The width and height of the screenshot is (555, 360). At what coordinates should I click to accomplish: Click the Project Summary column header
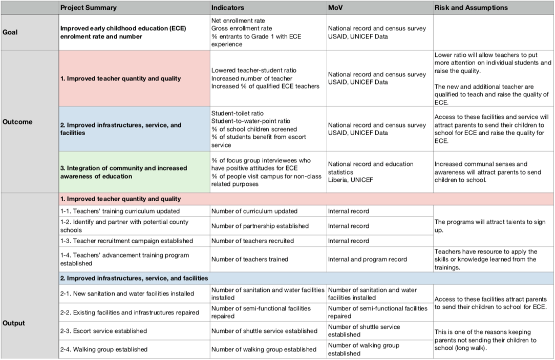pos(89,8)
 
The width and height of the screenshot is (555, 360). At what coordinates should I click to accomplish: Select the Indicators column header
pos(228,8)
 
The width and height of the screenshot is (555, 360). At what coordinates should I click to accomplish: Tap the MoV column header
pos(335,8)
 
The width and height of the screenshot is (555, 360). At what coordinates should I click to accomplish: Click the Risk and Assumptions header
pos(471,8)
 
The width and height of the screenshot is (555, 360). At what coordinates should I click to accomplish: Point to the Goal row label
pos(10,32)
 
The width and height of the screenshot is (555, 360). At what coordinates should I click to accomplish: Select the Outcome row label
pos(17,122)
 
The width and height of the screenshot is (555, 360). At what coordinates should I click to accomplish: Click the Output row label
pos(14,323)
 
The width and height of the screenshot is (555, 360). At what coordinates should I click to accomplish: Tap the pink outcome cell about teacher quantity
pos(135,78)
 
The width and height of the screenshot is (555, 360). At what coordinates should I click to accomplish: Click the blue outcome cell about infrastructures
pos(135,129)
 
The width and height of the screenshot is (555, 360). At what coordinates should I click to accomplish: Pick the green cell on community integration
pos(135,172)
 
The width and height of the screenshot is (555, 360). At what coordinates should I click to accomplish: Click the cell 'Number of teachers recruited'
pos(268,241)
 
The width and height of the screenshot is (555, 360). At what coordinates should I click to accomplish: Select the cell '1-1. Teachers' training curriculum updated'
pos(135,211)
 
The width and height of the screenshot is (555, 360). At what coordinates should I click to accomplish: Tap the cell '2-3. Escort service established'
pos(135,331)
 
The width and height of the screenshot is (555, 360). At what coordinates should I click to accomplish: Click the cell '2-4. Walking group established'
pos(135,349)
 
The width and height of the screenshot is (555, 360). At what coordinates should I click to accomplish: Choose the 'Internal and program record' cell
pos(380,259)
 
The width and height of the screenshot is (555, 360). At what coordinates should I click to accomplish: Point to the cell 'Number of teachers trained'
pos(268,259)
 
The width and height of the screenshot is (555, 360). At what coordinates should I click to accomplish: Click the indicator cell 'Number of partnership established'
pos(268,226)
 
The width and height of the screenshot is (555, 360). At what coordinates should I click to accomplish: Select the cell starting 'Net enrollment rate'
pos(268,32)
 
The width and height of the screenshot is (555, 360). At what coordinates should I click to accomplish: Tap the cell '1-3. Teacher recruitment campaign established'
pos(135,241)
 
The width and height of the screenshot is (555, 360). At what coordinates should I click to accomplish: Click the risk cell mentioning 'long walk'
pos(494,340)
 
